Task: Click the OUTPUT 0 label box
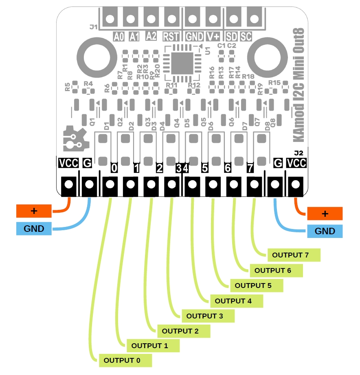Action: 125,360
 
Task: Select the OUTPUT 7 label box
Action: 294,255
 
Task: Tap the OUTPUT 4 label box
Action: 236,301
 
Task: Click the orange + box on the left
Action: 34,211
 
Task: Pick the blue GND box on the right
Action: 325,231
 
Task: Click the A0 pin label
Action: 119,37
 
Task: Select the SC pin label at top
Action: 246,37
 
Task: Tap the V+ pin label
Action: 213,37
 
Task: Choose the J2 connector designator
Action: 299,153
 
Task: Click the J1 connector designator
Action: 93,27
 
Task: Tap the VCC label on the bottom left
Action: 68,163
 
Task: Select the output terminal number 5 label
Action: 205,167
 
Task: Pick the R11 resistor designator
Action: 171,85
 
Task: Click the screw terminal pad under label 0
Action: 109,185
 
